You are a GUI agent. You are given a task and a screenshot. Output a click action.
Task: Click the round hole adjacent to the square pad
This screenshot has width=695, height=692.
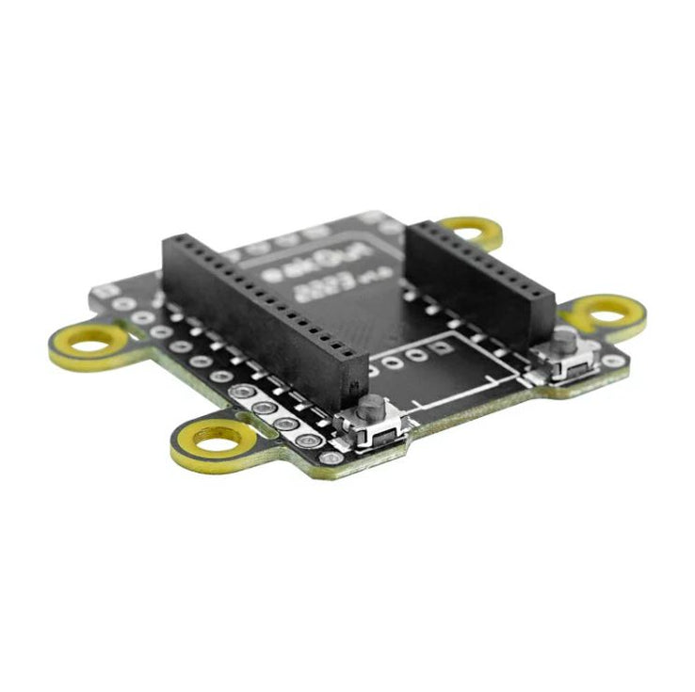[420, 353]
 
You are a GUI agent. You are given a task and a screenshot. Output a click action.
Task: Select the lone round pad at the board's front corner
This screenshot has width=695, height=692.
[331, 458]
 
